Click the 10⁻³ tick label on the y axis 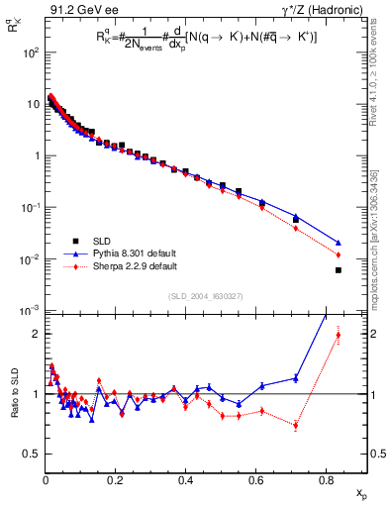[31, 311]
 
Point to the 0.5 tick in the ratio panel [34, 454]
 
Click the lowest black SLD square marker [339, 270]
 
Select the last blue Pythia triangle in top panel [339, 243]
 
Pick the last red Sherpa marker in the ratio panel [339, 335]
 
